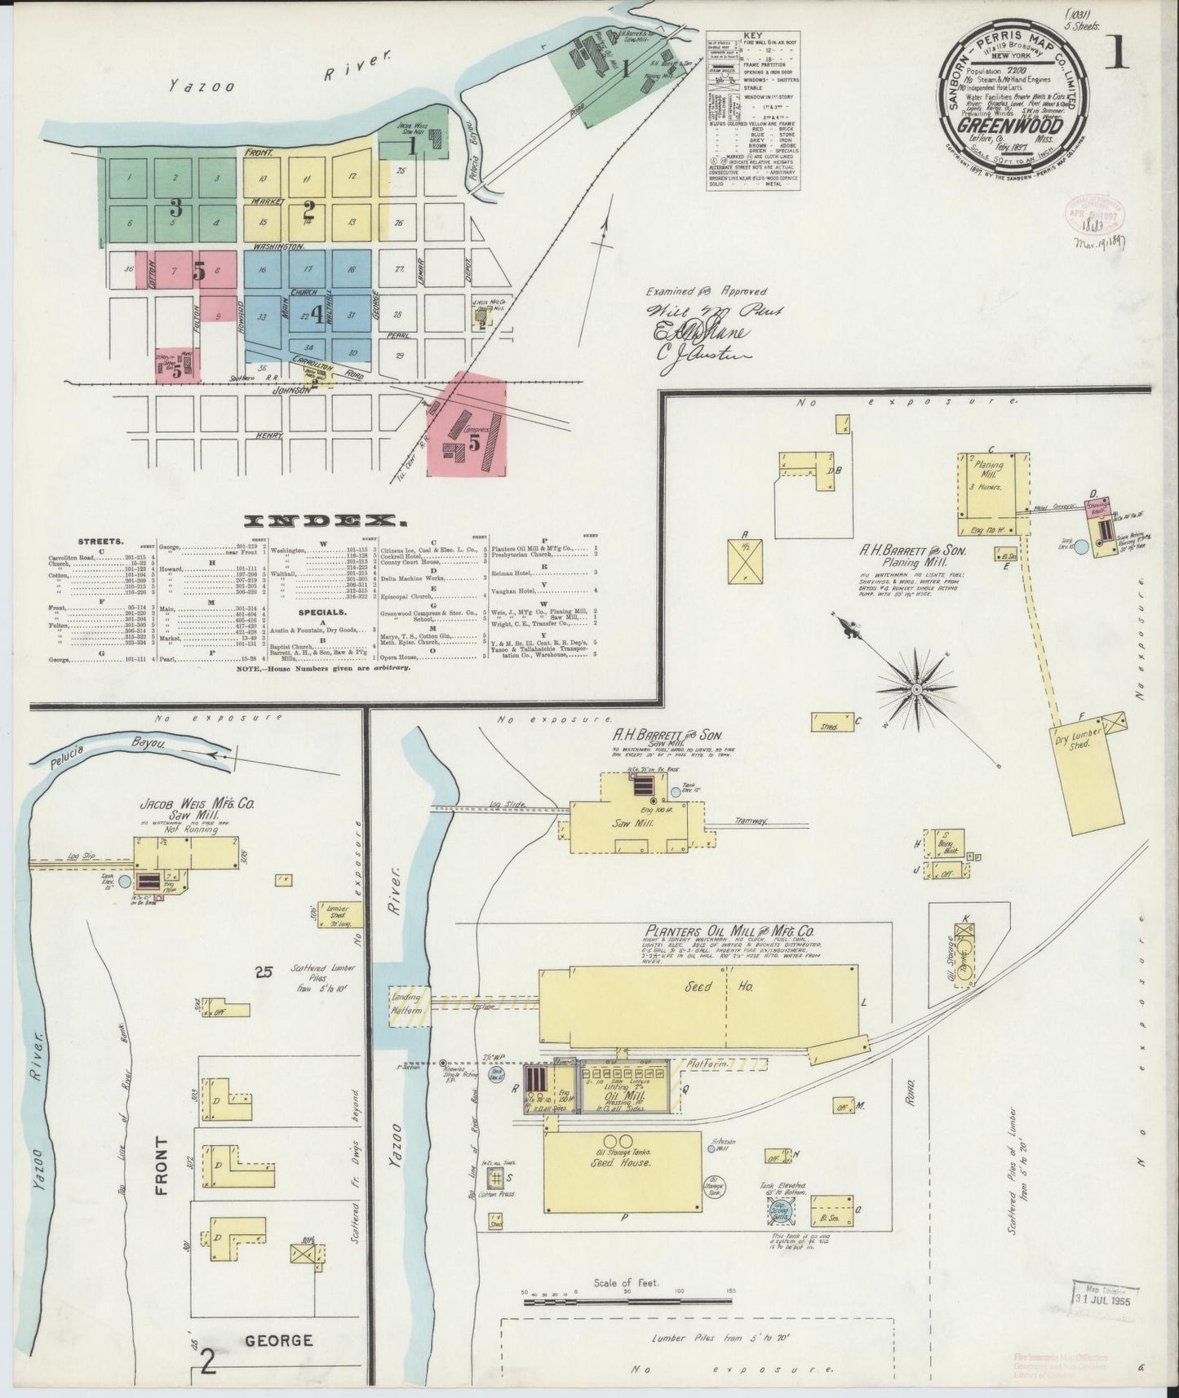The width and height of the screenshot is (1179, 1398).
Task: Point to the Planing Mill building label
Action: pyautogui.click(x=988, y=471)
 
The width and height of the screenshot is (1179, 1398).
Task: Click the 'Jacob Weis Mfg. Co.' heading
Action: pyautogui.click(x=197, y=804)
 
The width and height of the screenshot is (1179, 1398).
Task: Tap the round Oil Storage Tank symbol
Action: pyautogui.click(x=715, y=1186)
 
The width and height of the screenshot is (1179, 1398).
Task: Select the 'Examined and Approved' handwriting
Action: pyautogui.click(x=707, y=290)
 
